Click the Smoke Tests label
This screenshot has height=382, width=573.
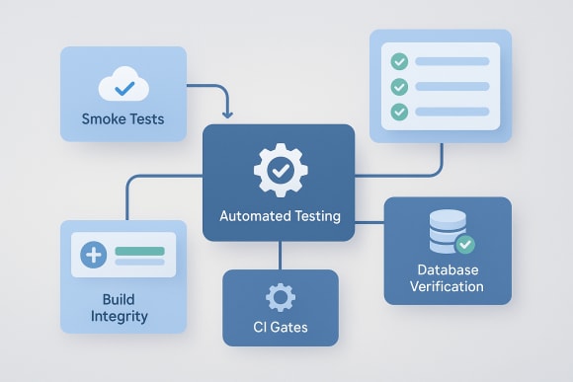pos(123,120)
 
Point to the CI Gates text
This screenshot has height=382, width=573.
pos(281,326)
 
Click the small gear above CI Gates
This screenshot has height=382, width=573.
pos(281,297)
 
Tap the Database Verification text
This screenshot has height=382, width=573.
pos(448,277)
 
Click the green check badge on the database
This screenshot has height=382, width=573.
pos(465,243)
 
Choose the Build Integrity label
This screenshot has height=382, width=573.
pos(124,308)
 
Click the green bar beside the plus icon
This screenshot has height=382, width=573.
pos(139,250)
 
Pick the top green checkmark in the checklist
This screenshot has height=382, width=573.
pos(400,61)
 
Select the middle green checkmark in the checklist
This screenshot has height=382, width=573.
pos(400,87)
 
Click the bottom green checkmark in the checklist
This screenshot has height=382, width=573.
pos(400,112)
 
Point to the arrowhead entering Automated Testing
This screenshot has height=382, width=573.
pos(229,116)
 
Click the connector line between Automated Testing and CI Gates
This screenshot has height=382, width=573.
pos(281,256)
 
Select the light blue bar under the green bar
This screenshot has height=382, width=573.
pos(139,263)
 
